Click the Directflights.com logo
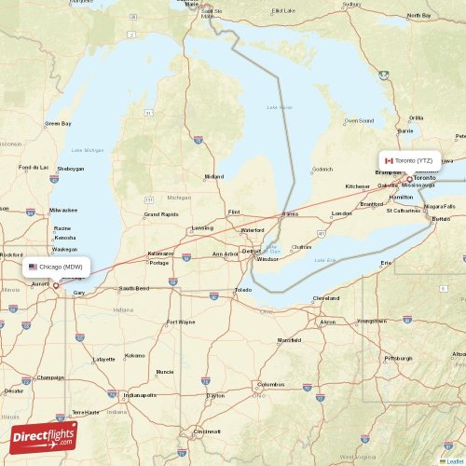(x=44, y=436)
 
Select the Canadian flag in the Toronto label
(x=390, y=160)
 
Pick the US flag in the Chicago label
(x=33, y=267)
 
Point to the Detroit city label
(x=251, y=251)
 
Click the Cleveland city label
(x=326, y=298)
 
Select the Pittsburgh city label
(x=397, y=358)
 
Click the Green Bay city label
(x=58, y=123)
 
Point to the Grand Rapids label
(x=161, y=214)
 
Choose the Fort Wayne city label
(x=180, y=322)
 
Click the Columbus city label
(x=271, y=384)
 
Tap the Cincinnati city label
(x=207, y=432)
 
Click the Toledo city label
(x=243, y=290)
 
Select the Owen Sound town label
(x=359, y=120)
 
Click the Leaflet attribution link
(x=453, y=460)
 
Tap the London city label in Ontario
(x=342, y=213)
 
